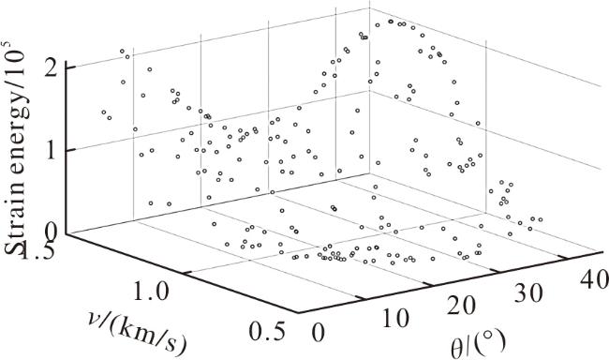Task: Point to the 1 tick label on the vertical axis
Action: (52, 150)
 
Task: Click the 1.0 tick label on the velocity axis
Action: (151, 291)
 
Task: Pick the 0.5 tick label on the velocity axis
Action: (267, 331)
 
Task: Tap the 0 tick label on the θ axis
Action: (318, 333)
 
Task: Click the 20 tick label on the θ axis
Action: (461, 306)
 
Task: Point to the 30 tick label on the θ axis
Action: (528, 292)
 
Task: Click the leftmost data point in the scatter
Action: (104, 112)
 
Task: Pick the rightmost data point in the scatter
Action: (540, 219)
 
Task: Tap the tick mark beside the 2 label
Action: (70, 67)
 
